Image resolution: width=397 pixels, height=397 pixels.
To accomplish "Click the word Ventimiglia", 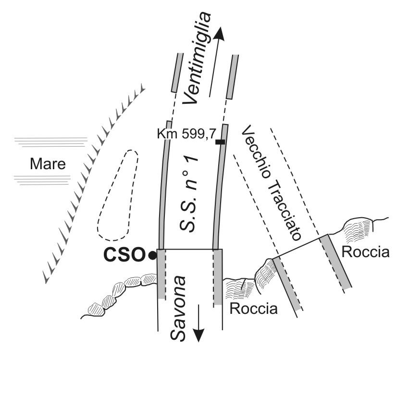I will click(x=198, y=58).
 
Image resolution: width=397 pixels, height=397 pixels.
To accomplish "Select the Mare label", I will click(x=48, y=164).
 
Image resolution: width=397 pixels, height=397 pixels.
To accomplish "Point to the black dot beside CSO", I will click(x=152, y=256).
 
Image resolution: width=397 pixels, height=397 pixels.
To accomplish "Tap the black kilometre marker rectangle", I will click(x=220, y=142).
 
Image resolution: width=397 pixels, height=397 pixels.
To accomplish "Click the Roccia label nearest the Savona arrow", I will click(x=254, y=309).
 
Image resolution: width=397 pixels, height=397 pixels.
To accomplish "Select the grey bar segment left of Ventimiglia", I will click(x=177, y=72).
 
